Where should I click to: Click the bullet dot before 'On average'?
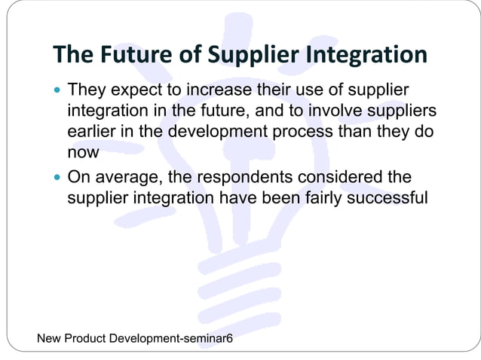point(59,179)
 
